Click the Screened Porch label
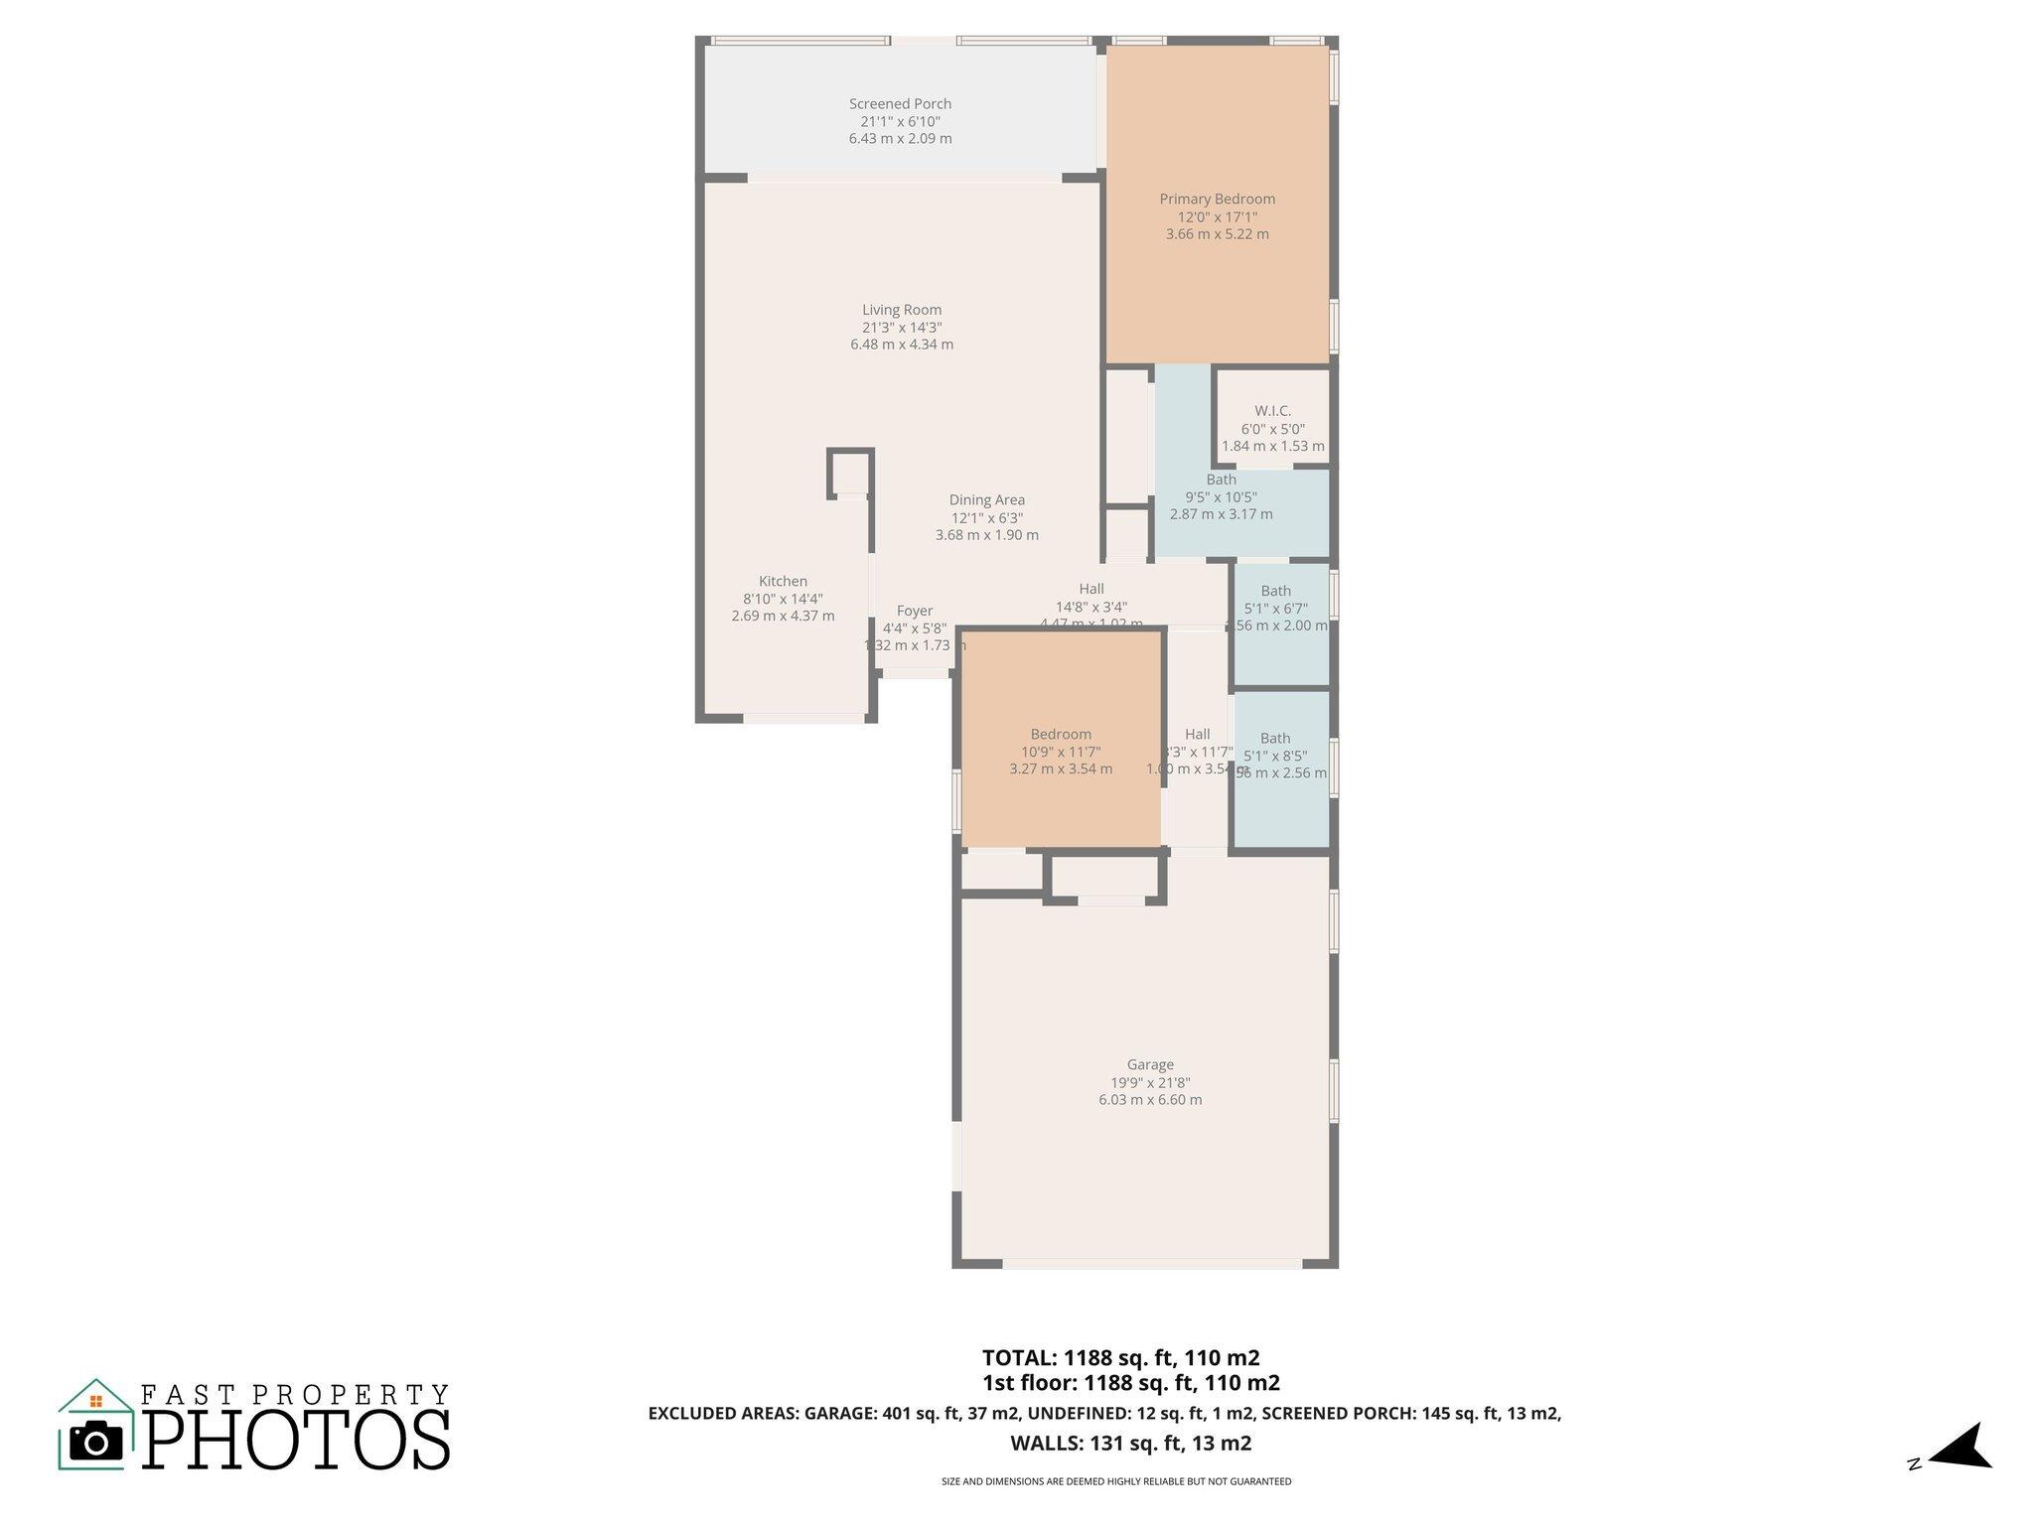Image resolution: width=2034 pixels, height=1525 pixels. pos(900,103)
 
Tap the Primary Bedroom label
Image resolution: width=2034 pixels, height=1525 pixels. pos(1217,199)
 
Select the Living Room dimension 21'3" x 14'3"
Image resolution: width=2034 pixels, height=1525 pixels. pos(902,328)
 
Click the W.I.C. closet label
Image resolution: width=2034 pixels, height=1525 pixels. pos(1272,411)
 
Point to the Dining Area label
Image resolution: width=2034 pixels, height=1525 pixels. pos(986,500)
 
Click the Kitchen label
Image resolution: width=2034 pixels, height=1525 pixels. pos(783,582)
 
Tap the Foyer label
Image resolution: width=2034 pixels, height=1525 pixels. pos(914,612)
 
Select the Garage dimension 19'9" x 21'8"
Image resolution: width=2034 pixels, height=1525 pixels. pos(1150,1083)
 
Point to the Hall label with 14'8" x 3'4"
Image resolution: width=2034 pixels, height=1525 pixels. pos(1090,590)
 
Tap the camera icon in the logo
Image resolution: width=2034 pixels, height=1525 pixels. pos(96,1441)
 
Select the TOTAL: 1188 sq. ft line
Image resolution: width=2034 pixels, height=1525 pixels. pos(1120,1357)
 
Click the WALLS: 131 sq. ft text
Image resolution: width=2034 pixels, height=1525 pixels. pos(1130,1444)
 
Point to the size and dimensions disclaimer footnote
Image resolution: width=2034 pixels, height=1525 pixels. pos(1116,1481)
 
